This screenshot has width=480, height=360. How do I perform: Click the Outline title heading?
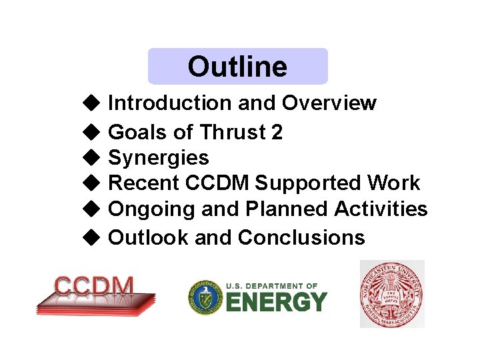point(237,67)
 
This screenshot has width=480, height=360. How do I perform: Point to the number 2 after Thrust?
point(277,133)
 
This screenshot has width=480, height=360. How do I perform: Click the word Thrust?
point(231,133)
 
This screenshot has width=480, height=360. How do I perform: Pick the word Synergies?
point(158,158)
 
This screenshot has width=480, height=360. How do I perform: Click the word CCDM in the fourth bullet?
point(219,183)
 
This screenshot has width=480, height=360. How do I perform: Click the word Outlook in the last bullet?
point(148,237)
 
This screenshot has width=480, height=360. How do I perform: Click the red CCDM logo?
point(95,293)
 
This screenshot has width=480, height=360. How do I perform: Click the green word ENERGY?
point(276,302)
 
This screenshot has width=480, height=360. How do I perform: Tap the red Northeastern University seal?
point(392,294)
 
